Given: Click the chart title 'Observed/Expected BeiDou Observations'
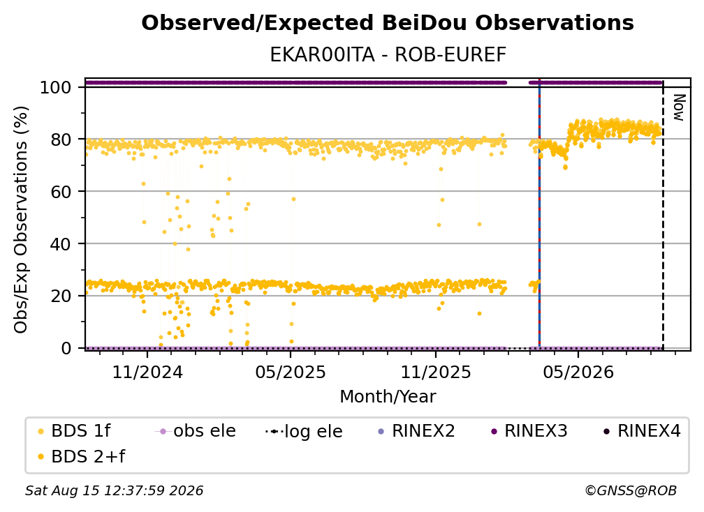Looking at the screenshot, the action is tap(388, 23).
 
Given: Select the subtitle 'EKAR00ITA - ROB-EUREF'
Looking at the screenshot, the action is tap(388, 55).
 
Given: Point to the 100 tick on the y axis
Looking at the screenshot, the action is tap(56, 87).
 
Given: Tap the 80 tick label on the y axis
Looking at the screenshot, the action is tap(61, 140).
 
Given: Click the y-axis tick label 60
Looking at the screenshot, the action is tap(61, 192).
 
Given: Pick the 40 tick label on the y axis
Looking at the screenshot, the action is tap(61, 244).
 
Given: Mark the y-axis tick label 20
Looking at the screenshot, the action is tap(61, 296).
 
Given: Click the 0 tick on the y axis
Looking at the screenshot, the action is tap(66, 348).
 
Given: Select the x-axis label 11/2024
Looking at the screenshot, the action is tap(147, 372).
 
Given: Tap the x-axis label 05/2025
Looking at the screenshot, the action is tap(291, 372).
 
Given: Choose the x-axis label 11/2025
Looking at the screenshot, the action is tap(436, 372).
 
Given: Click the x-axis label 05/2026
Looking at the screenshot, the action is tap(578, 372).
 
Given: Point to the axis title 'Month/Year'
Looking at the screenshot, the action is tap(388, 397).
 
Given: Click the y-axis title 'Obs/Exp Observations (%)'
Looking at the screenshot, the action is tap(21, 220).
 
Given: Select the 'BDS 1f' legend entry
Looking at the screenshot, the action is tap(74, 431).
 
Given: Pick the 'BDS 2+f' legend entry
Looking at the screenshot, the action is tap(81, 456).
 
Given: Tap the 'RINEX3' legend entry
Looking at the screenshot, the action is tap(529, 431).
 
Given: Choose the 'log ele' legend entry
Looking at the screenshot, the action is tap(304, 431).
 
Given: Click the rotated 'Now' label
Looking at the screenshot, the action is tap(679, 107).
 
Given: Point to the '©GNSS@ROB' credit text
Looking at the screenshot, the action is tap(631, 491).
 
